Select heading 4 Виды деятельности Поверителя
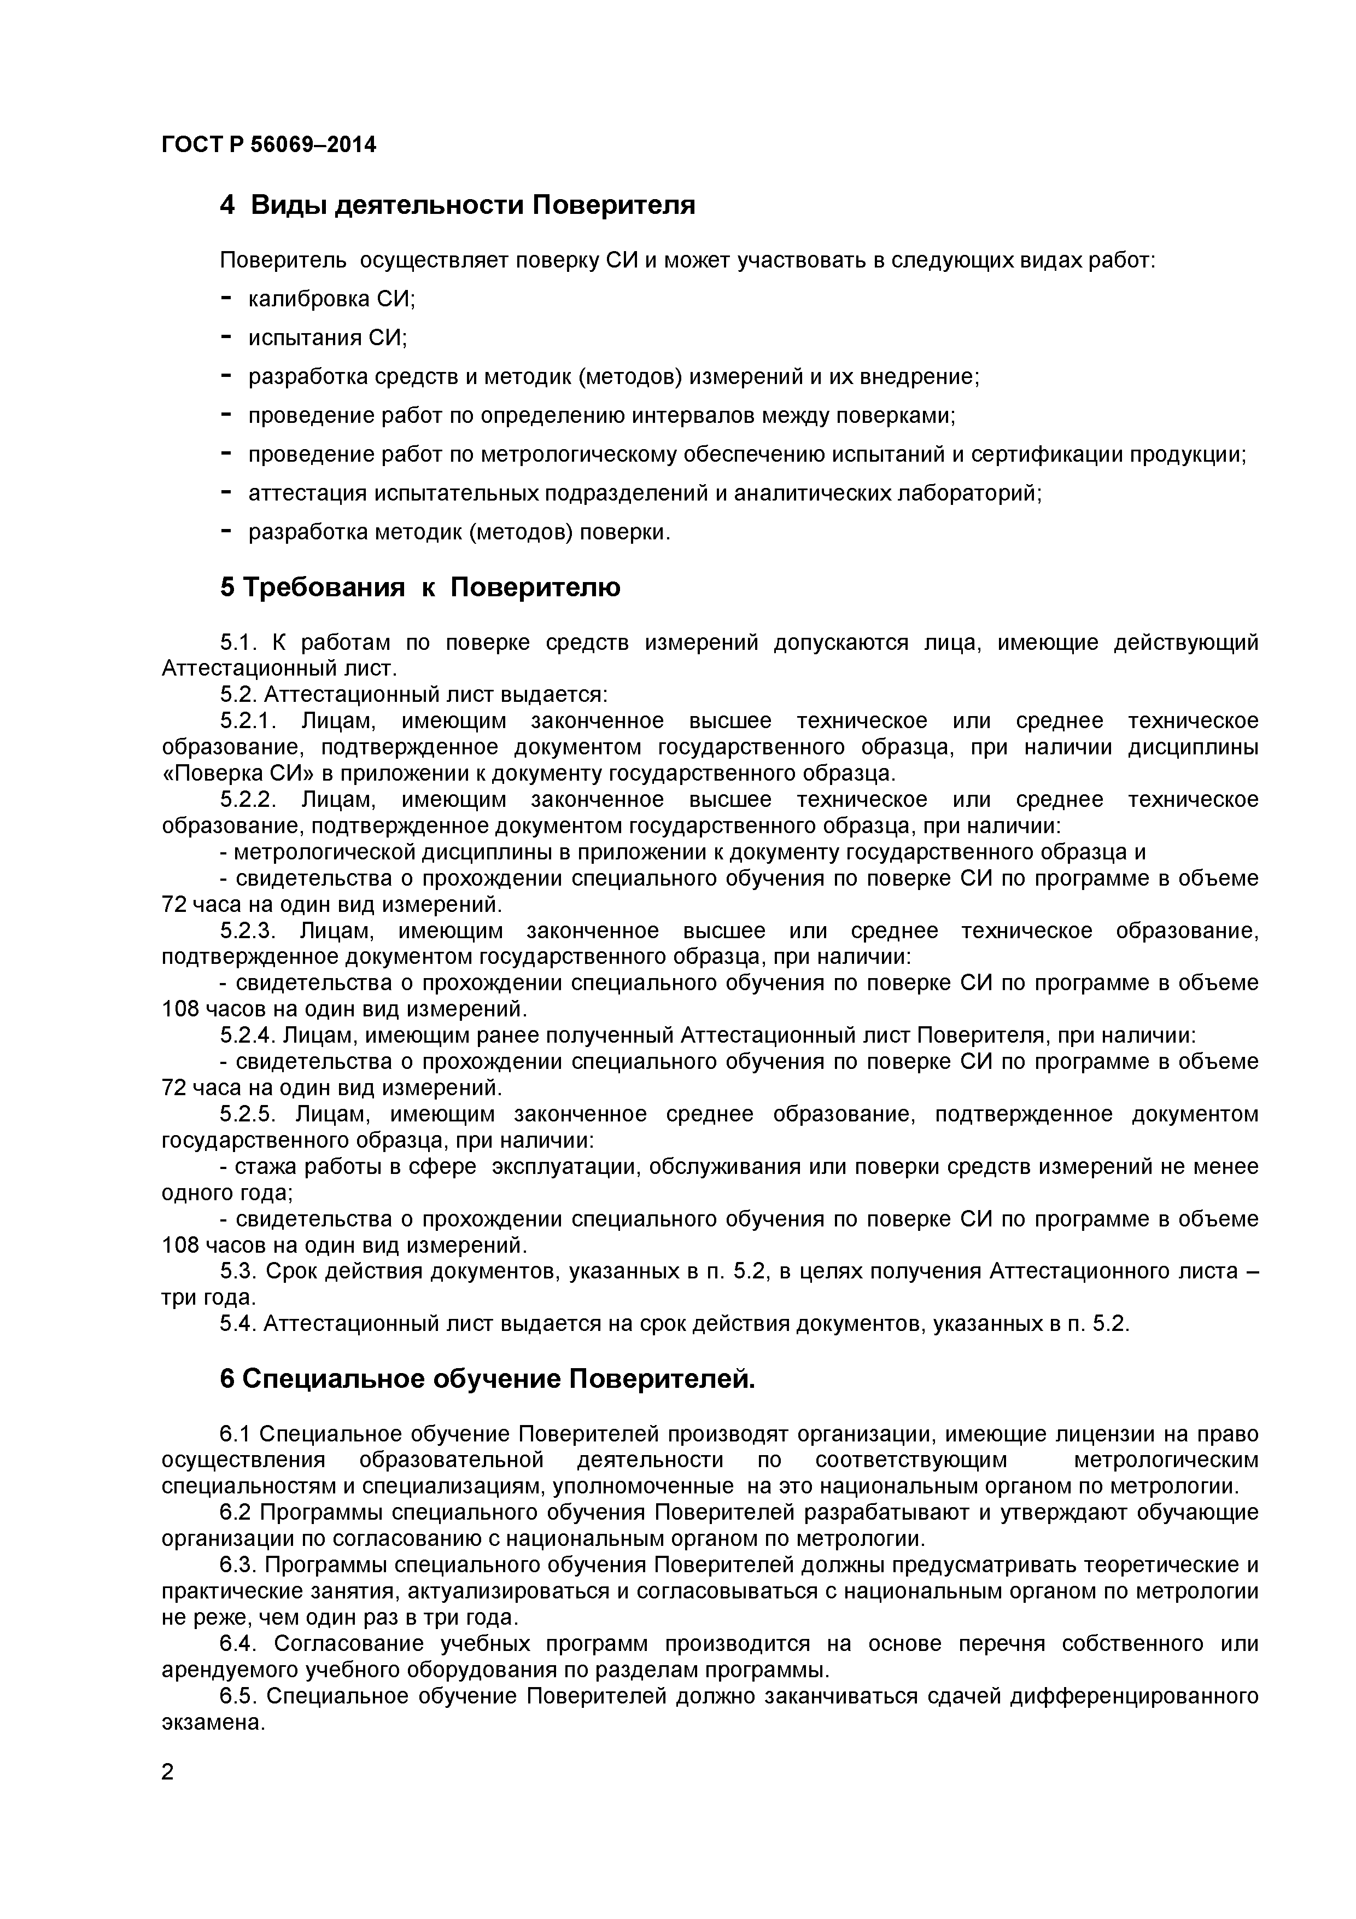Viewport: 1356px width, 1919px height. click(x=457, y=205)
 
